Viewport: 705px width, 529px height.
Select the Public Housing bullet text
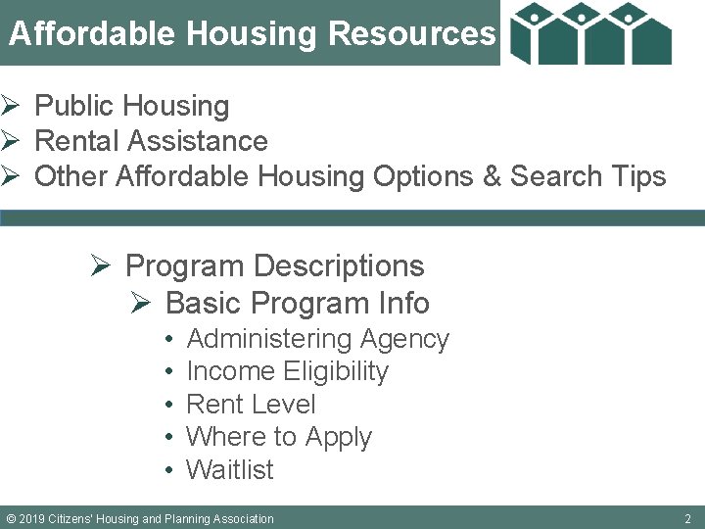pos(131,106)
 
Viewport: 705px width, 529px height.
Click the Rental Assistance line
pos(151,141)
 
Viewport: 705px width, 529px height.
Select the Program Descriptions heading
pos(274,265)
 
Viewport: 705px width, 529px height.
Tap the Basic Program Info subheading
pos(298,303)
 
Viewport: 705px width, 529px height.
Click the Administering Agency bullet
pos(317,339)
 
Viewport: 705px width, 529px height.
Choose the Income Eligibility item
pos(287,371)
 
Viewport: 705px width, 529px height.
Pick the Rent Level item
pos(251,405)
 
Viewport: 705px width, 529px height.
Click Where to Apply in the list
pos(279,437)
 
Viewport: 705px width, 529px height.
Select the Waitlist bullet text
pos(230,470)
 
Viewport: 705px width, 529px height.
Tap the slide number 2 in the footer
pos(687,518)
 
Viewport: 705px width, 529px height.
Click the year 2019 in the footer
pos(33,518)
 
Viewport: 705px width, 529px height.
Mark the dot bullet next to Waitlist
pos(169,470)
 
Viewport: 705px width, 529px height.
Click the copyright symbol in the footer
pos(11,518)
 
